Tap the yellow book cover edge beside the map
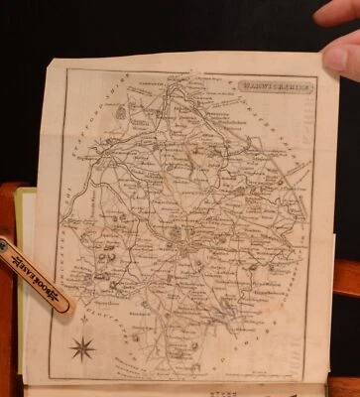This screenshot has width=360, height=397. point(28,213)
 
